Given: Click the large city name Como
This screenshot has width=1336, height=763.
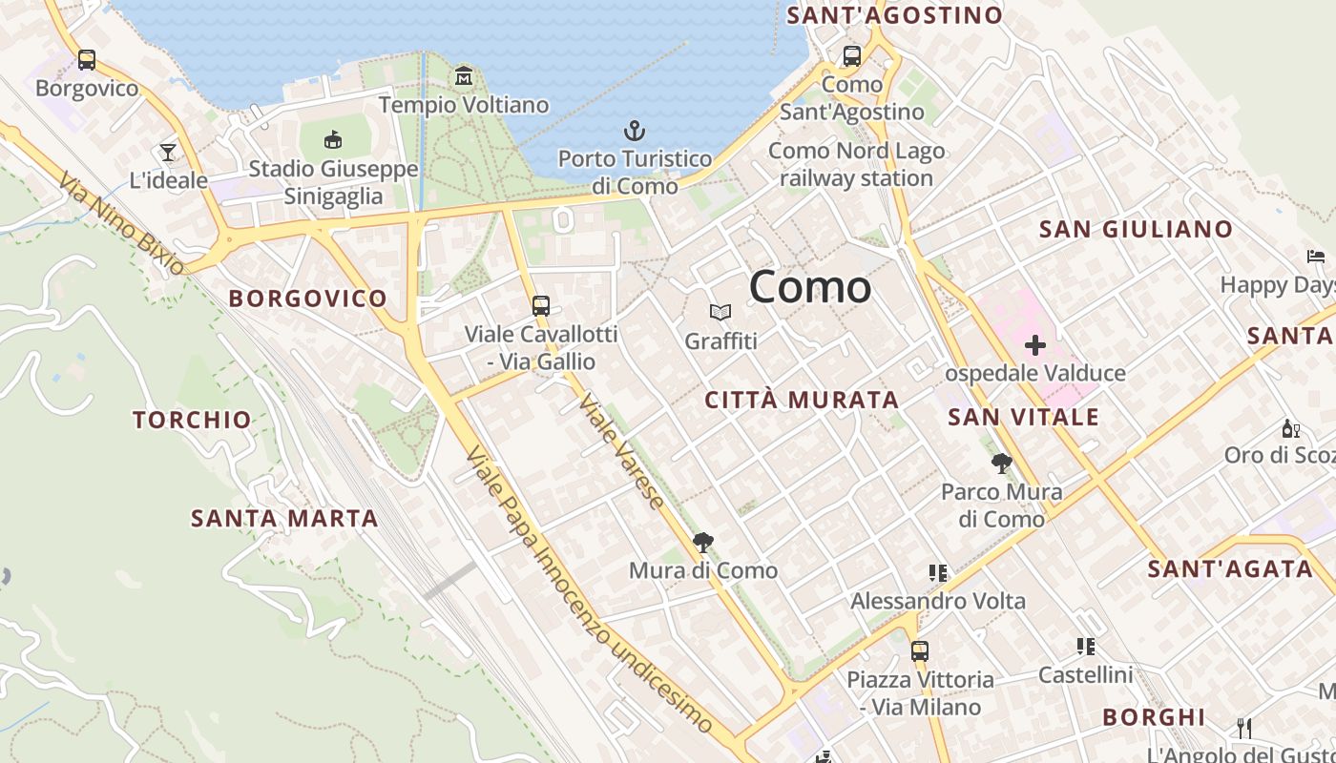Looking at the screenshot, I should (810, 287).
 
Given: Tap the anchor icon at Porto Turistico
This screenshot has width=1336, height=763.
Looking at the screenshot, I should (635, 130).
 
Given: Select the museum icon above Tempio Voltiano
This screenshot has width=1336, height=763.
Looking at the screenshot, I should (464, 75).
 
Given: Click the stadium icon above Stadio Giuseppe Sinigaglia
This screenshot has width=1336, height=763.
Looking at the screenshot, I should (333, 140).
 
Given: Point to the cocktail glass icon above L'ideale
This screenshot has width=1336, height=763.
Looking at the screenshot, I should (168, 152).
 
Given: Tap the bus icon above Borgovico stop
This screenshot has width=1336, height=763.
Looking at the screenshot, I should (87, 60).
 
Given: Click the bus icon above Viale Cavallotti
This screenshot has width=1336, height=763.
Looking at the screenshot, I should (541, 306).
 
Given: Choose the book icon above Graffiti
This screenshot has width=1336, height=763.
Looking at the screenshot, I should (720, 312).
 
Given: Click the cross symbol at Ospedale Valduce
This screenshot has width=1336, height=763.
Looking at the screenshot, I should (1035, 344).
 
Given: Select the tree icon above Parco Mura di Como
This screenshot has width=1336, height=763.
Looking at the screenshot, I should (1001, 464).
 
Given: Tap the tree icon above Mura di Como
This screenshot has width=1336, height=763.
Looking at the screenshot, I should (703, 543).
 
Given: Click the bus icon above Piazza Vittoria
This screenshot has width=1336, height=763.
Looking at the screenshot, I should (920, 651).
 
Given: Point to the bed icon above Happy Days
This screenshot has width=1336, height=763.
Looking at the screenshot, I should (1316, 257).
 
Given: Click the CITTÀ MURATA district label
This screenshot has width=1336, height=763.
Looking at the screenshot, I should (802, 401).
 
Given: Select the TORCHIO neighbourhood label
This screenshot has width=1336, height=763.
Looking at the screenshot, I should (192, 420).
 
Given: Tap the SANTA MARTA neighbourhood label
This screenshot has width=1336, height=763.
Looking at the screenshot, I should (284, 519).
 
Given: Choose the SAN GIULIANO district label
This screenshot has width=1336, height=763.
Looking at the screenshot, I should (1136, 230).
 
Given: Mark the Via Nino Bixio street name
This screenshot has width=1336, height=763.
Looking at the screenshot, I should (120, 223).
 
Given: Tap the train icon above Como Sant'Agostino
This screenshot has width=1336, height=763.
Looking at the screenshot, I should (852, 56).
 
